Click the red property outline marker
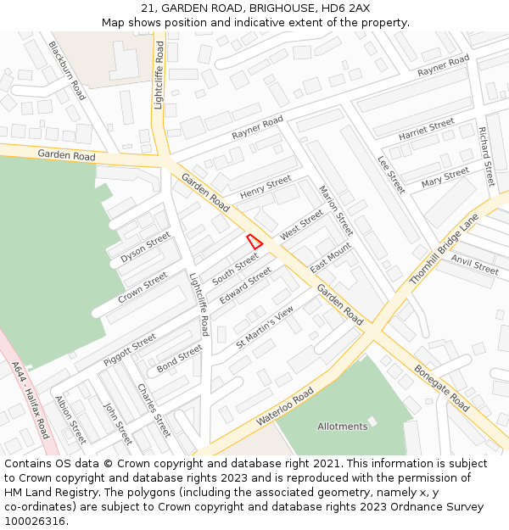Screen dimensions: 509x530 255,240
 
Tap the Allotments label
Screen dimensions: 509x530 343,426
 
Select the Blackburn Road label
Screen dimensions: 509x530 67,70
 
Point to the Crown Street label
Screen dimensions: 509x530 143,286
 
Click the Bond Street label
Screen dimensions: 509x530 180,357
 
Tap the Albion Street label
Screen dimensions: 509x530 70,420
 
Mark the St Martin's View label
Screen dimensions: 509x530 265,327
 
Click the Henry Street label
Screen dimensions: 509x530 266,188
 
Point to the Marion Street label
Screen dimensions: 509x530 335,210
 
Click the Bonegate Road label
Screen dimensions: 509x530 442,389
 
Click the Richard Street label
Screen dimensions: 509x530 486,156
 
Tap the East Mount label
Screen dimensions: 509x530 331,257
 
